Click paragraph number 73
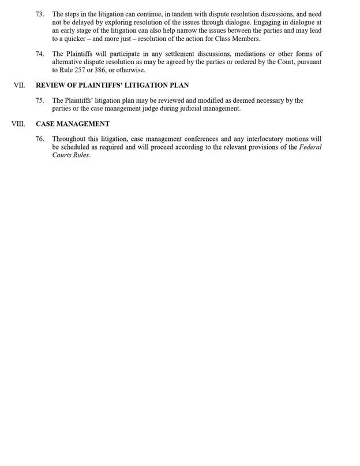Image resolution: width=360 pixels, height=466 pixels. (x=40, y=13)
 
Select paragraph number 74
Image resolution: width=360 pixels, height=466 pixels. (x=40, y=54)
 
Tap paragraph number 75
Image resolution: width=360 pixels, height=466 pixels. (x=40, y=100)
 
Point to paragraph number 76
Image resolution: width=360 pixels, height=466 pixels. (x=40, y=139)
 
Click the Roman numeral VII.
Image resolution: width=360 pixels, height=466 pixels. (x=19, y=85)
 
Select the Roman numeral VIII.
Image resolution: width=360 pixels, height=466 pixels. (x=20, y=124)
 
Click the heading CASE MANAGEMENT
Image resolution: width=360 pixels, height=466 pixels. (x=73, y=124)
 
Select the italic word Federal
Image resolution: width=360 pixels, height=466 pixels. (x=309, y=147)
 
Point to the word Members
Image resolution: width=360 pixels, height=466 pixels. (x=246, y=39)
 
